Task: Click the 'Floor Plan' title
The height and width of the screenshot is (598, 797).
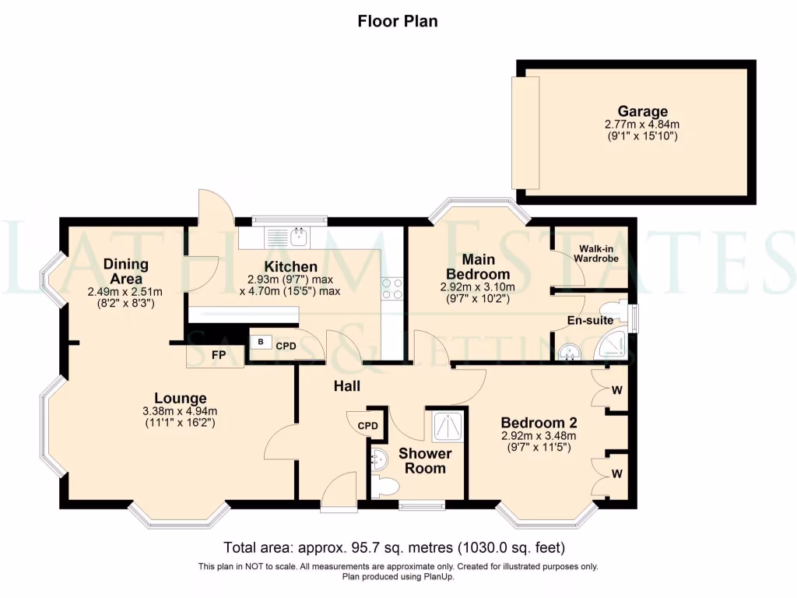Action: click(397, 21)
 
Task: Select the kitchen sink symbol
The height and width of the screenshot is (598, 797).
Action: click(297, 235)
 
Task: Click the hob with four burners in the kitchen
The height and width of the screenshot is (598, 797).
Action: click(391, 289)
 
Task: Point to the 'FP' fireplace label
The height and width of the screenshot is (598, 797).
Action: click(219, 355)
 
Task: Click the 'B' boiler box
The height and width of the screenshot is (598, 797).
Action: click(260, 342)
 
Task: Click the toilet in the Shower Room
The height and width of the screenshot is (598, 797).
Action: click(384, 487)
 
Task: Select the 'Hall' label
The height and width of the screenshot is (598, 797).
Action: click(347, 385)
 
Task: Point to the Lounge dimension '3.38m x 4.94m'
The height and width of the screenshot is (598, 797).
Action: click(179, 411)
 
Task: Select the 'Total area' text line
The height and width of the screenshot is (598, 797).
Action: click(394, 547)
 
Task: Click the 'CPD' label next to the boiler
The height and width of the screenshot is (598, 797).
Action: click(285, 346)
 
